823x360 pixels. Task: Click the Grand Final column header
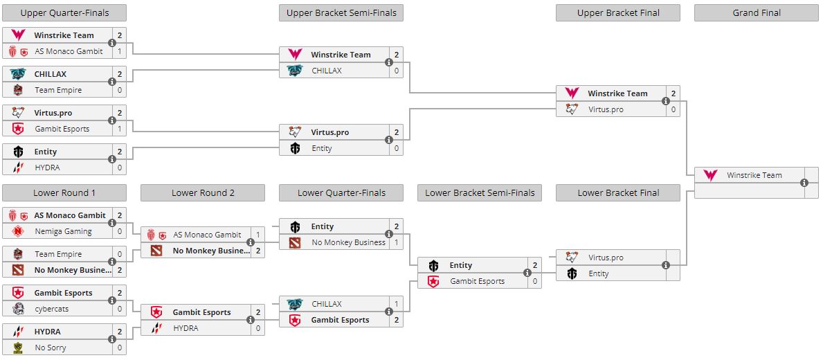757,13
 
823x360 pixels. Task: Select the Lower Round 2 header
203,193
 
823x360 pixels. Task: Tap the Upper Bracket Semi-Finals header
341,13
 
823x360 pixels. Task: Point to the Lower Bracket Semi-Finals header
480,193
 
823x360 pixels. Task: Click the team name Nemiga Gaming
63,232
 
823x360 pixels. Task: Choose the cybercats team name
52,309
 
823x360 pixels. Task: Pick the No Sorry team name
51,348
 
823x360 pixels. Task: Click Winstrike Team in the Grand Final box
754,176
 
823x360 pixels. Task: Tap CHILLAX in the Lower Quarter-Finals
327,304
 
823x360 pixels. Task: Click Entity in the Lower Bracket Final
599,273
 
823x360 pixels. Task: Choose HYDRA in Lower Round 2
186,328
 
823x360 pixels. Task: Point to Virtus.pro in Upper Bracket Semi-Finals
329,132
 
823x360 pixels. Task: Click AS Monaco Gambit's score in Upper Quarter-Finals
119,51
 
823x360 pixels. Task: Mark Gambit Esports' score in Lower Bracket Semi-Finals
534,282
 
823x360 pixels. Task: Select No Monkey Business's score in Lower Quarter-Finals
396,243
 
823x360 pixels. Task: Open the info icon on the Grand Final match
804,183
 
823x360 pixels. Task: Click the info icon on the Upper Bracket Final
666,101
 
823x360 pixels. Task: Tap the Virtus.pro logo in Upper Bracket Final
572,109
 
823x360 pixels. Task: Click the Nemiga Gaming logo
18,232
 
